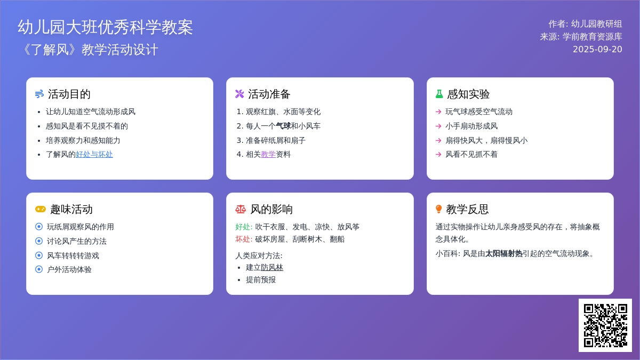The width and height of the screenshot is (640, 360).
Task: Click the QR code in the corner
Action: (605, 325)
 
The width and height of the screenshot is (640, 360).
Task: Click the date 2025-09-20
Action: (597, 49)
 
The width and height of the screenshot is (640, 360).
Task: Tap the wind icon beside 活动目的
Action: (39, 94)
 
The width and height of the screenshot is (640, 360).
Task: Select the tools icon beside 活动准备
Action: (239, 94)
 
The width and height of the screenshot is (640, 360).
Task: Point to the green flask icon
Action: (439, 94)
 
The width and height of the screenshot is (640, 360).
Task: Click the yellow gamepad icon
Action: (41, 209)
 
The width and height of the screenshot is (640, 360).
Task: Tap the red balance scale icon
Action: (241, 209)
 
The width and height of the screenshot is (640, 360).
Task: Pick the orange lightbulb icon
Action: (438, 209)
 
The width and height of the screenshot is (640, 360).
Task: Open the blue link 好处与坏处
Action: (94, 155)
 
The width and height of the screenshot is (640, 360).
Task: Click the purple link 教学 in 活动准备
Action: (268, 155)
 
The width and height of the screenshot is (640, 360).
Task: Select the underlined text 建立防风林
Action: (265, 267)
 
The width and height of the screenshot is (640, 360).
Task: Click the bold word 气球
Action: (283, 126)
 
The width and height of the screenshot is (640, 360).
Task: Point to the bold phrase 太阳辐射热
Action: (503, 254)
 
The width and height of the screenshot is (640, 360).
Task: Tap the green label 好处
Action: (243, 227)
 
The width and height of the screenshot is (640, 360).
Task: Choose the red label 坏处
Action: (243, 239)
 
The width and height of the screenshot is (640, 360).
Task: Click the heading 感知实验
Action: (468, 94)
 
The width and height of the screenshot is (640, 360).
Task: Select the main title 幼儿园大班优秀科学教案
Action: (105, 27)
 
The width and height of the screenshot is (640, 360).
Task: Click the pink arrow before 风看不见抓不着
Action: (438, 155)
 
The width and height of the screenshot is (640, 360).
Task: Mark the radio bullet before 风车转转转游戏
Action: (39, 255)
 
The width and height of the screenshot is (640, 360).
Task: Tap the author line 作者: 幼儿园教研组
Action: (585, 24)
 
